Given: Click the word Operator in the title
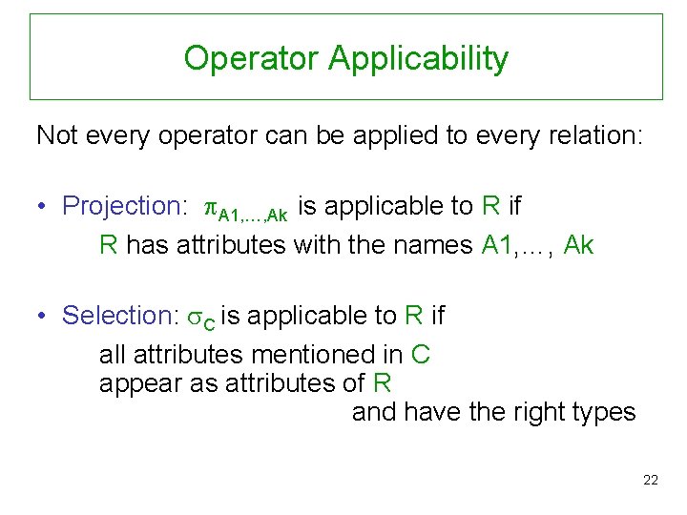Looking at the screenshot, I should [251, 58].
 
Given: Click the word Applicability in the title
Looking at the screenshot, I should [418, 59].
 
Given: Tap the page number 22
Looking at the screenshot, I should [651, 480].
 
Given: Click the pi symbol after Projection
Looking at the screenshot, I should [211, 207].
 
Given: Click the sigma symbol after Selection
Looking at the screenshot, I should [196, 317].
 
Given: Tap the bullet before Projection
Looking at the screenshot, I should [43, 207].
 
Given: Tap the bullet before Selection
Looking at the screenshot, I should [43, 317].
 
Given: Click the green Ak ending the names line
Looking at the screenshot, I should [578, 246].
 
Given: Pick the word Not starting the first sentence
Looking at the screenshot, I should [56, 135].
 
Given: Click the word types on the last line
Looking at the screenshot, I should [601, 413].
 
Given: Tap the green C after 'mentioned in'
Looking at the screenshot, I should [421, 356].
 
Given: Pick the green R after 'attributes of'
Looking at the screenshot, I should [382, 383].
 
